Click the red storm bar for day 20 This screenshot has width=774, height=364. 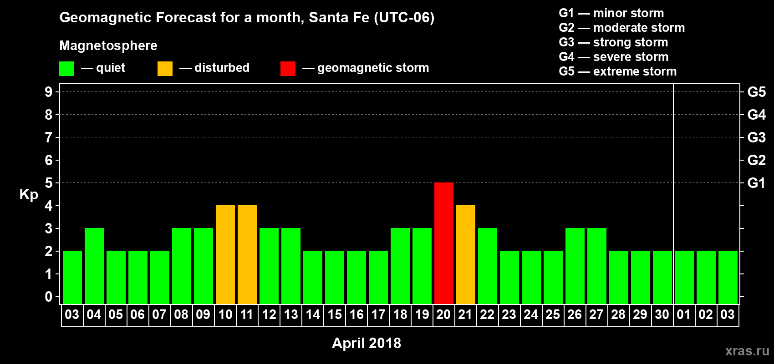(443, 243)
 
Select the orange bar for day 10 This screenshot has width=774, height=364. (225, 254)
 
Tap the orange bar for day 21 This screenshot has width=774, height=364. (465, 254)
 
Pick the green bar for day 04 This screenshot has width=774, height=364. (94, 266)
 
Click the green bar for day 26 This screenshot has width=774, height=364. (575, 266)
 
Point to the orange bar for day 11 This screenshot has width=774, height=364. (247, 254)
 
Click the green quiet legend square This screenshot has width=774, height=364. (66, 69)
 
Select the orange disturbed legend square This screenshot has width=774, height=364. (165, 69)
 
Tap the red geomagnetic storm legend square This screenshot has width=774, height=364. (288, 69)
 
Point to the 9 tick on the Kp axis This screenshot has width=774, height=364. (49, 92)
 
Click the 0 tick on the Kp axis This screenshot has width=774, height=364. (49, 297)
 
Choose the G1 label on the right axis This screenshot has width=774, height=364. (756, 183)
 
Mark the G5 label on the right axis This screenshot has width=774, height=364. (756, 92)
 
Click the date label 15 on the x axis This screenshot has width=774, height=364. (335, 314)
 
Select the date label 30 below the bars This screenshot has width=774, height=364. (662, 314)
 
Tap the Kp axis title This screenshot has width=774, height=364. (29, 195)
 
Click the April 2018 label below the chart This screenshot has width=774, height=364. (367, 343)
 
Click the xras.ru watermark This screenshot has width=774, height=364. (747, 351)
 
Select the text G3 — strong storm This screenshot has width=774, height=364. (613, 42)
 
